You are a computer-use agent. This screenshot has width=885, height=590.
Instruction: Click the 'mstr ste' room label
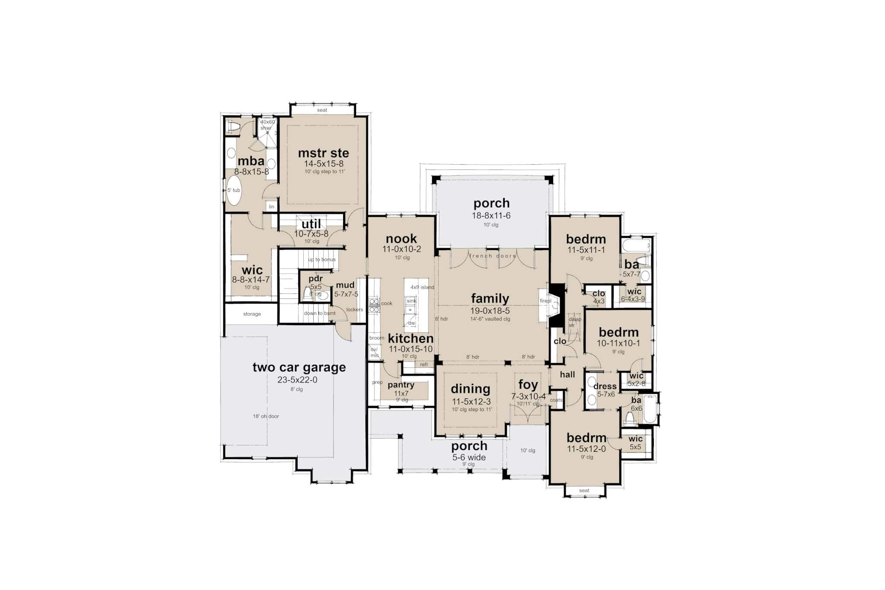point(323,153)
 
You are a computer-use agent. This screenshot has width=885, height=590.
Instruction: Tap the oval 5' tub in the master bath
point(234,191)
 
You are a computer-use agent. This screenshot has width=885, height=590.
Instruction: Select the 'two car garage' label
point(299,367)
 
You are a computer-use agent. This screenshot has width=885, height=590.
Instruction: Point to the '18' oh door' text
point(266,416)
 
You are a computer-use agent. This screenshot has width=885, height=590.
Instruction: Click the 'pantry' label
point(401,385)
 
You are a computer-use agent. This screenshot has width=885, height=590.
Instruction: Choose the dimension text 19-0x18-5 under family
point(490,310)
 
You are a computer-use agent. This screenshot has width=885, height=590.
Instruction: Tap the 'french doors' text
point(493,256)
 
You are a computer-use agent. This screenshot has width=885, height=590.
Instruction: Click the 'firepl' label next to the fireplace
point(545,301)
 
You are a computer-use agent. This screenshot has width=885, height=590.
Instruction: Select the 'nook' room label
point(401,239)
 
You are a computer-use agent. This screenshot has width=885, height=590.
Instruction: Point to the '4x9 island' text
point(422,287)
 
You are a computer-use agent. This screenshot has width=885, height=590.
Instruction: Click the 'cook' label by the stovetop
point(387,303)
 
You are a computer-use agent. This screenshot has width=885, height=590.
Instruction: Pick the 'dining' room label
point(471,389)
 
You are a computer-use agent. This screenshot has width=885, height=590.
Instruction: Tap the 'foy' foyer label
point(528,385)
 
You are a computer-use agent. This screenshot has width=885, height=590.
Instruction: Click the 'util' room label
point(311,224)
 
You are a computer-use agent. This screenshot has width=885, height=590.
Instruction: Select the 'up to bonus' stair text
point(322,259)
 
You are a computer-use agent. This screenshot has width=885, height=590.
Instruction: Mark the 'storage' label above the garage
point(252,314)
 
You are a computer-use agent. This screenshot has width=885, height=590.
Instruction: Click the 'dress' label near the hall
point(605,386)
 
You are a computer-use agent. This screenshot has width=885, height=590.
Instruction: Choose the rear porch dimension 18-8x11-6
point(491,215)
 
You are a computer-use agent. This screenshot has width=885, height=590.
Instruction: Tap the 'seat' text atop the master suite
point(322,110)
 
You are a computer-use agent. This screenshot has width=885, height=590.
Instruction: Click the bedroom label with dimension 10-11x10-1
point(618,332)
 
